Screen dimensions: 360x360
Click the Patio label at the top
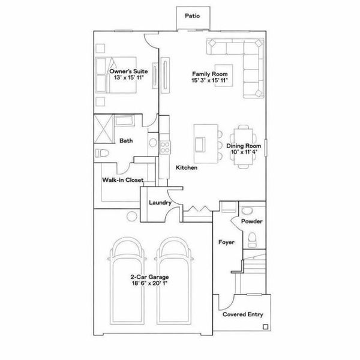[192, 16]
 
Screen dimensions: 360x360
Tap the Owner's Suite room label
[126, 72]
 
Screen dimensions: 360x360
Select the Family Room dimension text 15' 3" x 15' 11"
[210, 80]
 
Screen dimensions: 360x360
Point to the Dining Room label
[243, 146]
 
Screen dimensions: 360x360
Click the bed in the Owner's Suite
[123, 75]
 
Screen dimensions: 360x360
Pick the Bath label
[126, 141]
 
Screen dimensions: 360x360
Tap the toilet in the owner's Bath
[103, 152]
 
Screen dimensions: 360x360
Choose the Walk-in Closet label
[122, 179]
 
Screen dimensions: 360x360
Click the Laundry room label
[160, 203]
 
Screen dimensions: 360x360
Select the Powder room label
[251, 221]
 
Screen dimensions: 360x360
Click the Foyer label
[226, 243]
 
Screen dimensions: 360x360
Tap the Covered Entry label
[242, 314]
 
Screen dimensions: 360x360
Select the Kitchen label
[187, 168]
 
